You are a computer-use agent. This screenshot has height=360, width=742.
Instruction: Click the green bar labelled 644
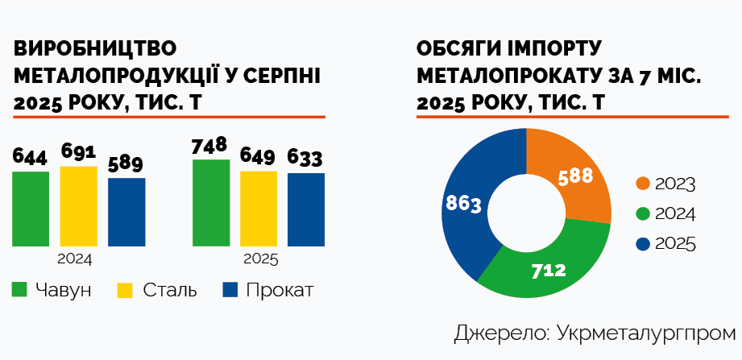pos(31,209)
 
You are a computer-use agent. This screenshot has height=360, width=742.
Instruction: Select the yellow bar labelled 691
pos(78,206)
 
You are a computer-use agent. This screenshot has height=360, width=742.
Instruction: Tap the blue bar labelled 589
pos(126,212)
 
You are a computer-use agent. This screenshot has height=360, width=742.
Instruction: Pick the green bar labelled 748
pos(210,203)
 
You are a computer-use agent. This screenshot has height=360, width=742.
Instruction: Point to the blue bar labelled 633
pos(305,209)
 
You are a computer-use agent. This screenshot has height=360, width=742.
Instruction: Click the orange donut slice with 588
pos(574,178)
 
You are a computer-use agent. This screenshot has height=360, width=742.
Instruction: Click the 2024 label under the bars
pos(75,259)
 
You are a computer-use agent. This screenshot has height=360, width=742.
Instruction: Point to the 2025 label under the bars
pos(260,259)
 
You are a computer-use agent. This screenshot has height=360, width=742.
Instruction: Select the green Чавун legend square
pos(21,290)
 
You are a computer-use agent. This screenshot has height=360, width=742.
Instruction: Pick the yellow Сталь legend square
pos(126,290)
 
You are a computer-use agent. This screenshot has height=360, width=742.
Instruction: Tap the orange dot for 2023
pos(643,184)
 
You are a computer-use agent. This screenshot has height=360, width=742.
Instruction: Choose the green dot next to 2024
pos(643,213)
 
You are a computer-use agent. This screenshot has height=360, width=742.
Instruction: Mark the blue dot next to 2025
pos(643,243)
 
